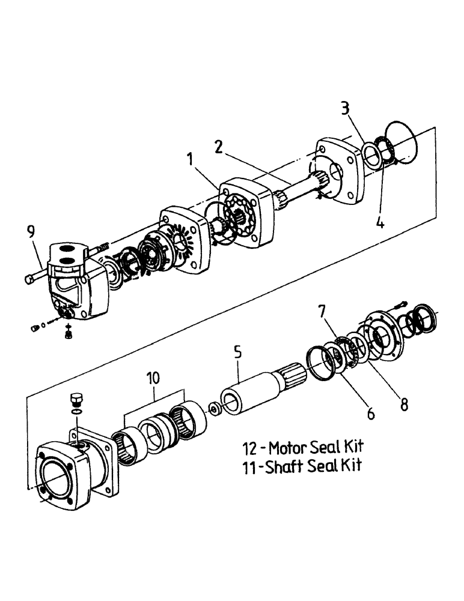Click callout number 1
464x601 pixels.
(191, 160)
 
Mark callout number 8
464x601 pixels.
(404, 404)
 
